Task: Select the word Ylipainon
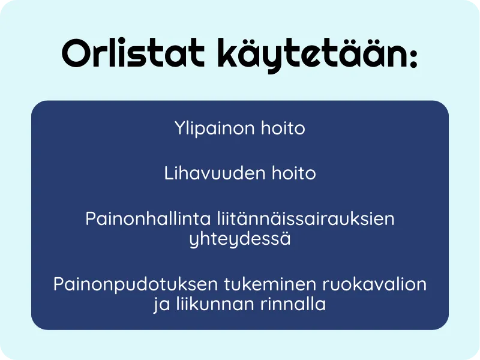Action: click(x=214, y=129)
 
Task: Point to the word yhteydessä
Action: click(x=240, y=239)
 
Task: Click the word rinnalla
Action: click(x=293, y=304)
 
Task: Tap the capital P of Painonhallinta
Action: click(x=91, y=218)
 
